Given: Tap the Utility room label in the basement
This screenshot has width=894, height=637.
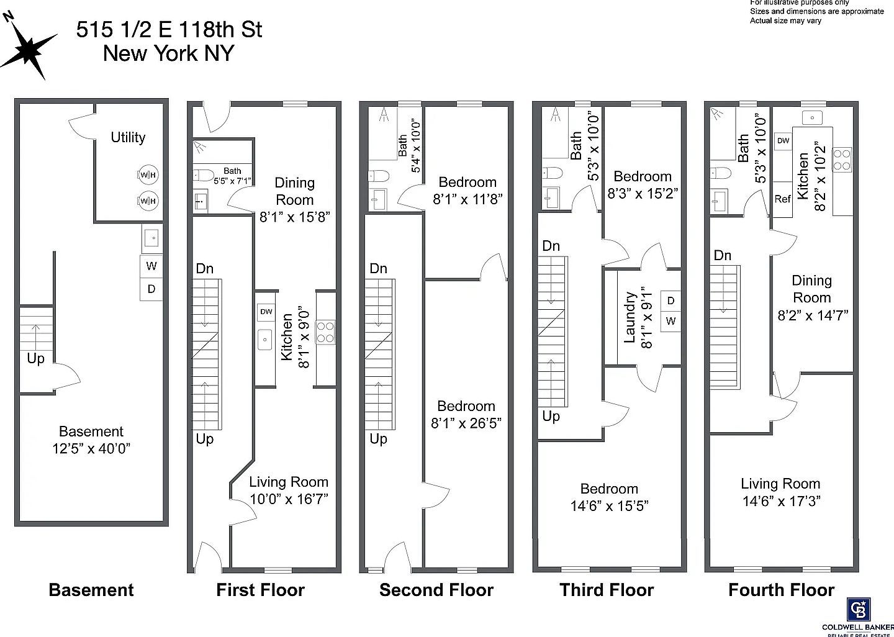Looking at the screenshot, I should pos(128,137).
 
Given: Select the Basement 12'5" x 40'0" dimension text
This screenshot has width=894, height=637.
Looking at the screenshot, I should pos(91,440).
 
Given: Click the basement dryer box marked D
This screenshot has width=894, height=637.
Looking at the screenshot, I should pos(151,289).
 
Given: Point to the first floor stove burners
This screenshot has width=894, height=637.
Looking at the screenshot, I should pos(326,332).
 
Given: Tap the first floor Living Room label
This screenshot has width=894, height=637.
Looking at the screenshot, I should pos(289,482).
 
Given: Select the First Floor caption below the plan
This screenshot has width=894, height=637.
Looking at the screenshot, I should pos(260,590).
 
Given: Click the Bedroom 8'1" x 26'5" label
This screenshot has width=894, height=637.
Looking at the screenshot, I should pos(466,415).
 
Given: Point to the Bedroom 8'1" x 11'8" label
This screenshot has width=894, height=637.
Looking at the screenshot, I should pos(467,190).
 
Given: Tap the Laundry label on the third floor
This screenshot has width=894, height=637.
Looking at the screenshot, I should pos(630,318).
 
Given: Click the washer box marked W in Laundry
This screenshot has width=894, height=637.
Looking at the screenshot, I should pos(670,321).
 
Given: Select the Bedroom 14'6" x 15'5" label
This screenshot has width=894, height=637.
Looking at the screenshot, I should pos(609,497).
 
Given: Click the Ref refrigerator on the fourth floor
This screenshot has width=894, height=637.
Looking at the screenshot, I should pos(782,199).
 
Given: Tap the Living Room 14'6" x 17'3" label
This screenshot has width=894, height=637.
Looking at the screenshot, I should pos(780,492).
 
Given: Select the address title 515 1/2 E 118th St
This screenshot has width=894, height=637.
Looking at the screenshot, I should pos(169,30).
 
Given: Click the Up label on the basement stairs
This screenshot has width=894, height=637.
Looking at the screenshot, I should pos(35,359).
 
